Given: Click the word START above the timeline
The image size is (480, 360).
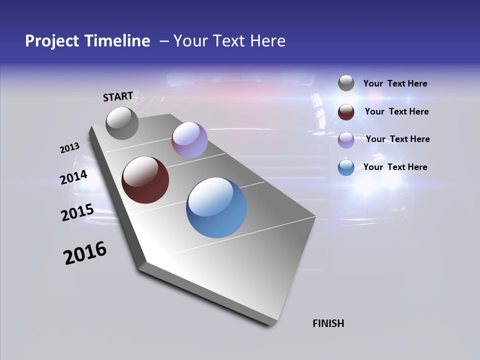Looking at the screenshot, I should tap(118, 96).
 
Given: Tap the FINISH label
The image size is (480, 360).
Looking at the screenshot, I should tap(328, 323).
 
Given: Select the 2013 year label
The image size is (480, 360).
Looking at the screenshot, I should tap(69, 148).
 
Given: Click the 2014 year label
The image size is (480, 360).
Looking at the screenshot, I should tap(74, 177).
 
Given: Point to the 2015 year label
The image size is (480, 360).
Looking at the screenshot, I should tap(77, 212).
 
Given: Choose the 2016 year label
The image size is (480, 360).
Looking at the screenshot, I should tap(85, 253).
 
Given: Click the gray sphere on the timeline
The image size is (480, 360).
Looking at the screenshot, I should tap(122, 123).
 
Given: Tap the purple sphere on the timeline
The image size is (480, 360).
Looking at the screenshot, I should tap(189, 140).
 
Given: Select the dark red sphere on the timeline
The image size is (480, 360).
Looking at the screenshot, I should tap(145, 180).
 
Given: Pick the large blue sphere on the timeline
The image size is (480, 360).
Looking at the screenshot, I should tap(216, 207).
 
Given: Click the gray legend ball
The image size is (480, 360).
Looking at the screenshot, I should tap(346, 83).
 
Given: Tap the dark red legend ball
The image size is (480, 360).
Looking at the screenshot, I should tap(346, 112).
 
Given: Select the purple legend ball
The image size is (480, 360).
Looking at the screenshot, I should tap(346, 140).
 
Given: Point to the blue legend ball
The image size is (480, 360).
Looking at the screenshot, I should tap(346, 167).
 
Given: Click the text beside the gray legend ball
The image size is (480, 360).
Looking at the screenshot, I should tap(395, 84).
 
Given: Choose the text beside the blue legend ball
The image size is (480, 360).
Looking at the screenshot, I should tap(395, 167).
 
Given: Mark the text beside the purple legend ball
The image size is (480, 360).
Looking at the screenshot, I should tap(397, 139).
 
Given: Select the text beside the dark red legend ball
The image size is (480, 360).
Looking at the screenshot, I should tap(396, 111).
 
